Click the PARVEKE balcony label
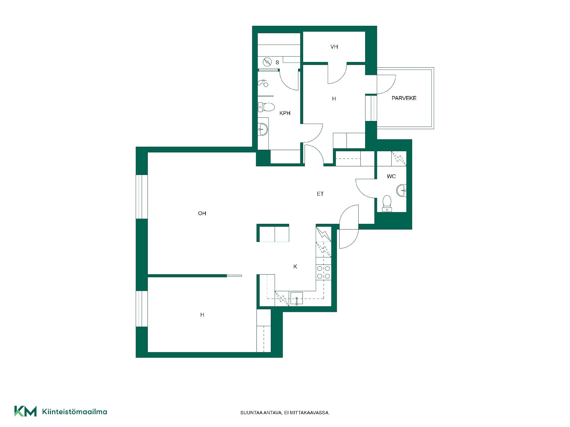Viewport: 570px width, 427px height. tap(404, 98)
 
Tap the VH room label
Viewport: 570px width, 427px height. tap(334, 47)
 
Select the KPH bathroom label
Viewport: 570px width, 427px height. tap(285, 113)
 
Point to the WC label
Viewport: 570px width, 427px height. tap(391, 176)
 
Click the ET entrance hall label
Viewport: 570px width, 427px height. tap(320, 194)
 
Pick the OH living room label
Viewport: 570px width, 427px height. tap(202, 213)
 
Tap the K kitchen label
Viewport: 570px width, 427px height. tap(295, 267)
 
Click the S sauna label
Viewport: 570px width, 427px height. tap(277, 63)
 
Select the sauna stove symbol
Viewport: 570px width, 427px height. tap(267, 62)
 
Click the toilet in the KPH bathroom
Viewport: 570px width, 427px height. tap(266, 107)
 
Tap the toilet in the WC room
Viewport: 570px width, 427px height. tap(387, 203)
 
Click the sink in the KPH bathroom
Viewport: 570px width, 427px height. tap(263, 129)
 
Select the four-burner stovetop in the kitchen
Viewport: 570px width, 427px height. tap(324, 272)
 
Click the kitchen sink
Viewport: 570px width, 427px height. tap(296, 299)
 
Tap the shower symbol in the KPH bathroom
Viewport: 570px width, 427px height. tap(263, 83)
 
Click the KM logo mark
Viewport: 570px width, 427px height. tap(26, 411)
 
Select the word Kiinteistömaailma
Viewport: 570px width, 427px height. tap(75, 412)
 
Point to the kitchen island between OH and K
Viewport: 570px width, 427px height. tap(273, 233)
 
